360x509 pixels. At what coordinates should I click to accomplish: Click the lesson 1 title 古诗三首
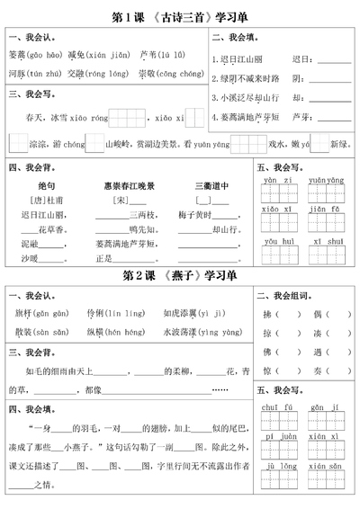[x=179, y=17]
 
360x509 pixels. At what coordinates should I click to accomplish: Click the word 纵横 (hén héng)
[x=98, y=330]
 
